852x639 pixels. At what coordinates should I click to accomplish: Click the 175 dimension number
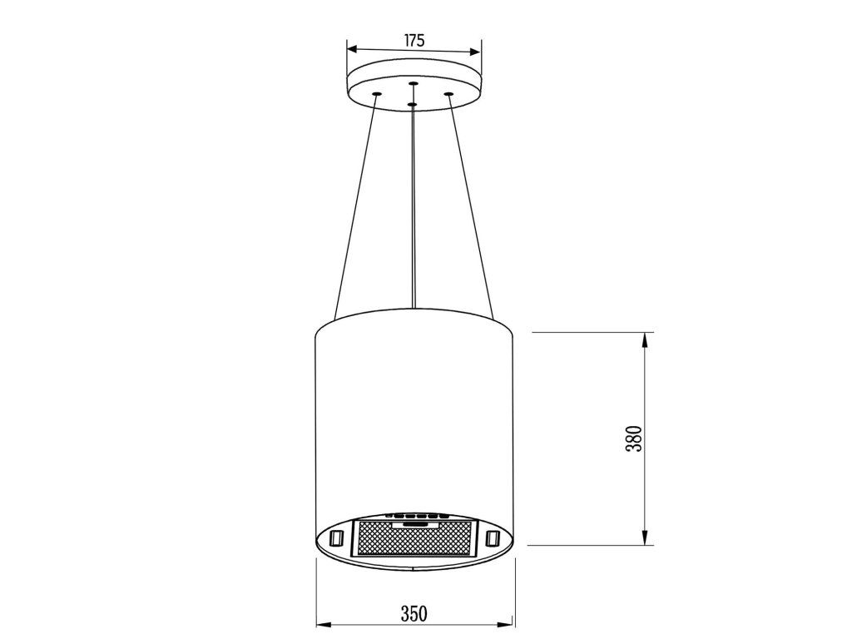point(414,40)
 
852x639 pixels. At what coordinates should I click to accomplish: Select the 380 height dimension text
point(634,438)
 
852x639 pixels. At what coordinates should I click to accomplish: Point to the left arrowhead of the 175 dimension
point(352,49)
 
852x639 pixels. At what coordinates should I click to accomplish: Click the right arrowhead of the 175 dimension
point(475,52)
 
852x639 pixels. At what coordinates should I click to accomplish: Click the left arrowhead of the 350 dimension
point(324,625)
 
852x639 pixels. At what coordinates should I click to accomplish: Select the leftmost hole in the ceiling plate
point(375,95)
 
